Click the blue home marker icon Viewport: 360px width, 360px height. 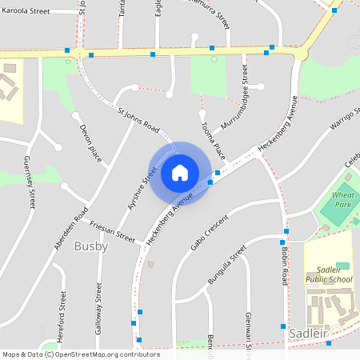pyautogui.click(x=180, y=172)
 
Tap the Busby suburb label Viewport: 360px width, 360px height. pyautogui.click(x=90, y=246)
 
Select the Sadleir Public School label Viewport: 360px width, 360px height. pyautogui.click(x=328, y=275)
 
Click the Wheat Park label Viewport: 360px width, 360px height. pyautogui.click(x=342, y=199)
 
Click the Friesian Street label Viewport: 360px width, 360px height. pyautogui.click(x=112, y=232)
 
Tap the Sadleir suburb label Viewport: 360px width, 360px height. pyautogui.click(x=310, y=332)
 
